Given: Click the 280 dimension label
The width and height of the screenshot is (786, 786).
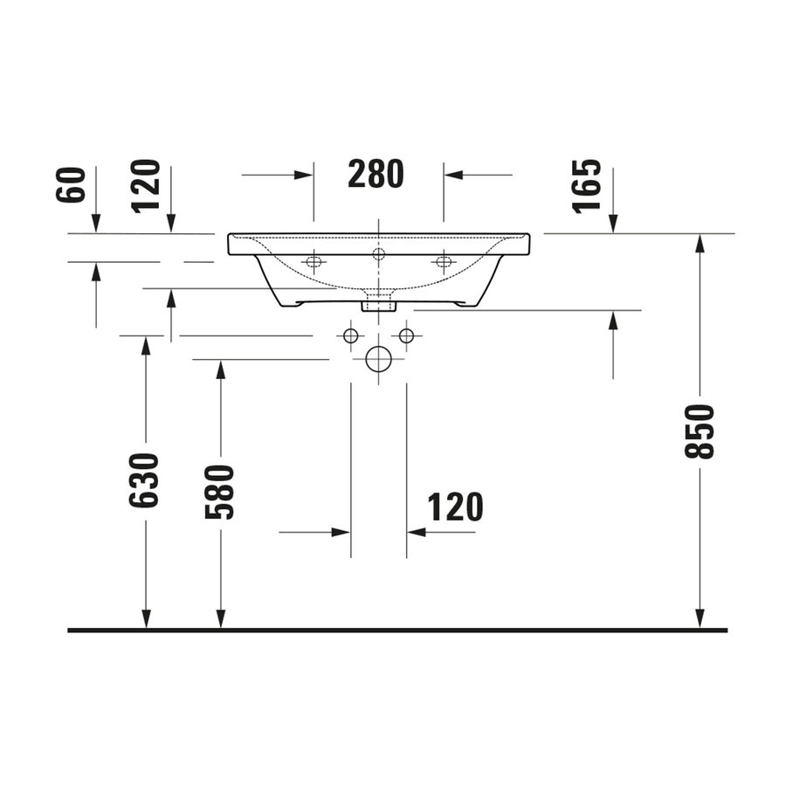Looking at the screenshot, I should click(x=376, y=175).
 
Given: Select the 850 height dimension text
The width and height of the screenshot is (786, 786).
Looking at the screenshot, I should click(x=700, y=431).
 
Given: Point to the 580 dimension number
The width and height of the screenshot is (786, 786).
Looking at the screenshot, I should click(x=220, y=492).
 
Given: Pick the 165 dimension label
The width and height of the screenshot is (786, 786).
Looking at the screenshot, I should click(x=588, y=184).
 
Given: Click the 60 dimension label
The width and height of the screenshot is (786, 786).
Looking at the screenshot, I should click(x=73, y=184).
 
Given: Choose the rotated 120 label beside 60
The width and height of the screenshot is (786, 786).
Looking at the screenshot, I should click(x=147, y=184).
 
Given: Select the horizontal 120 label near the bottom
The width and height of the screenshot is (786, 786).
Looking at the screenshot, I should click(x=455, y=507).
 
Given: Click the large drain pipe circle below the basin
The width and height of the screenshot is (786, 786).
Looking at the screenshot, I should click(x=378, y=358).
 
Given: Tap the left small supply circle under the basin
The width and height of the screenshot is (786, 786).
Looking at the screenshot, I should click(x=351, y=335).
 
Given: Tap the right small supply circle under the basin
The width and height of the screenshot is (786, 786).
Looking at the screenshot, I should click(x=406, y=335).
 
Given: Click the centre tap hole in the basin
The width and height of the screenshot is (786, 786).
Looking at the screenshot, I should click(x=378, y=254).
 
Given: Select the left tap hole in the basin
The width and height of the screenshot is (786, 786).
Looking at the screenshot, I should click(x=314, y=261).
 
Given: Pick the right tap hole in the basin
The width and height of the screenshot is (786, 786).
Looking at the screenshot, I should click(x=444, y=261).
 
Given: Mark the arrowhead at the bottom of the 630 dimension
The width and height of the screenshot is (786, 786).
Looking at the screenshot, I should click(x=146, y=619).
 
